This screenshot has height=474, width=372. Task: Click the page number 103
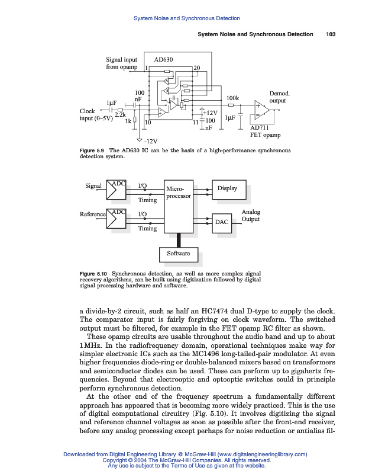[331, 34]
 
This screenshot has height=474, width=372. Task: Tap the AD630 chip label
[163, 60]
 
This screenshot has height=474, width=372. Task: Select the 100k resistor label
[232, 98]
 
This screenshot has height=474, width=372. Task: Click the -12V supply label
[150, 142]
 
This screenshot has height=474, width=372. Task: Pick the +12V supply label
[210, 112]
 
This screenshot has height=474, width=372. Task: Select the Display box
[227, 188]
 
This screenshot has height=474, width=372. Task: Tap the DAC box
[222, 222]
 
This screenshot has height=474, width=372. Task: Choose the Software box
[178, 254]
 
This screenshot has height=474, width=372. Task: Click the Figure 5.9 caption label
[92, 151]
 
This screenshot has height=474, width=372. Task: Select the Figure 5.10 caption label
[93, 273]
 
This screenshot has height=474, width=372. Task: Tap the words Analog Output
[251, 216]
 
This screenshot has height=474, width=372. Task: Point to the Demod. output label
[279, 97]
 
